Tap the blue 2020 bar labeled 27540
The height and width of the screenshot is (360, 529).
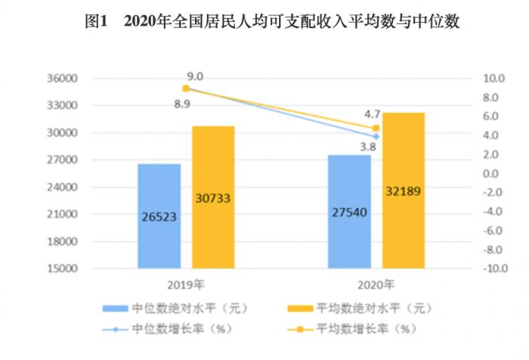tap(349, 211)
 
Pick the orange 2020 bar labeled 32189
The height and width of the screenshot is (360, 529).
tap(403, 190)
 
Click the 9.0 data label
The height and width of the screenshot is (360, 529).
tap(196, 76)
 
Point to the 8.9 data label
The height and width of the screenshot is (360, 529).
tap(182, 104)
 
